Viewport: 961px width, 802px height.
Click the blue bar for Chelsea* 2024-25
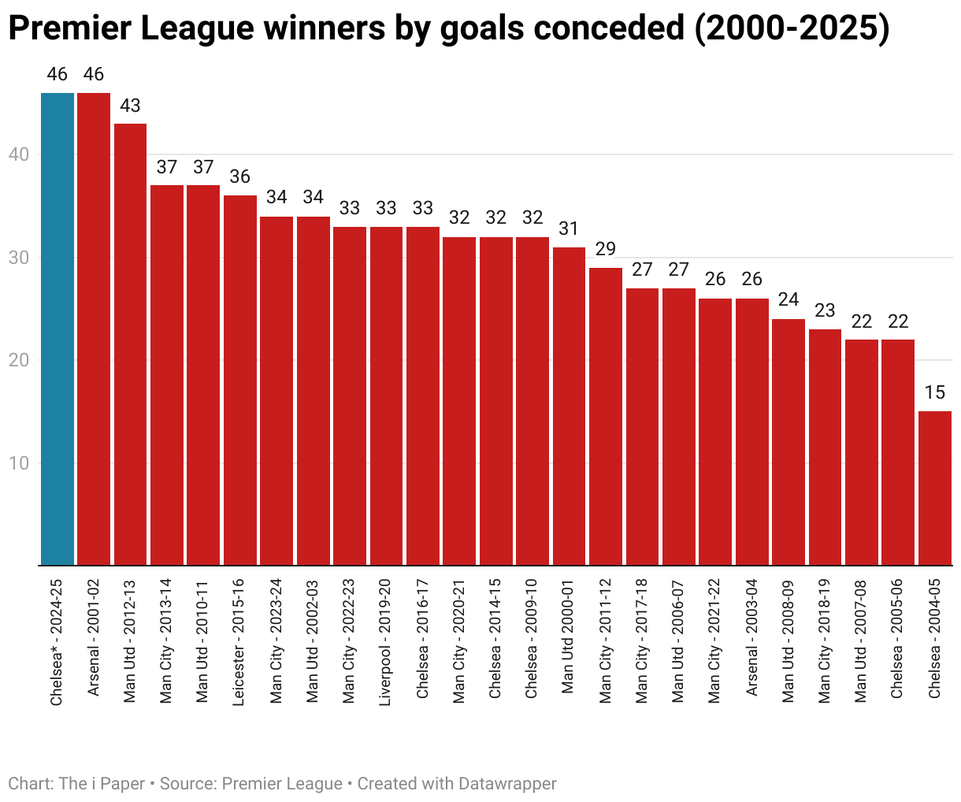pyautogui.click(x=58, y=329)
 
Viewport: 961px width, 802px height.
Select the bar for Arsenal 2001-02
pyautogui.click(x=94, y=329)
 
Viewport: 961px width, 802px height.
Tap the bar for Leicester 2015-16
pyautogui.click(x=240, y=380)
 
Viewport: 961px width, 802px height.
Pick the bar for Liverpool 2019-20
pyautogui.click(x=386, y=395)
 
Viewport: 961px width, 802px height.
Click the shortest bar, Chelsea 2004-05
pyautogui.click(x=934, y=488)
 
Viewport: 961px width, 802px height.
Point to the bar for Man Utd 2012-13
pyautogui.click(x=130, y=344)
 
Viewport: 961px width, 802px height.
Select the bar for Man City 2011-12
pyautogui.click(x=606, y=416)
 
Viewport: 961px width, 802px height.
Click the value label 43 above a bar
pyautogui.click(x=130, y=106)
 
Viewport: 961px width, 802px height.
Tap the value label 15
pyautogui.click(x=934, y=393)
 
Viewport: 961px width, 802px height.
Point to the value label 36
pyautogui.click(x=240, y=177)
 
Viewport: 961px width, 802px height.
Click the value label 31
pyautogui.click(x=569, y=228)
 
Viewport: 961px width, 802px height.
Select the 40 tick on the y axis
pyautogui.click(x=20, y=155)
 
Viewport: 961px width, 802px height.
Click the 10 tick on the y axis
pyautogui.click(x=20, y=463)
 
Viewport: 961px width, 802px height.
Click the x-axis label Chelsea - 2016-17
pyautogui.click(x=423, y=638)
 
